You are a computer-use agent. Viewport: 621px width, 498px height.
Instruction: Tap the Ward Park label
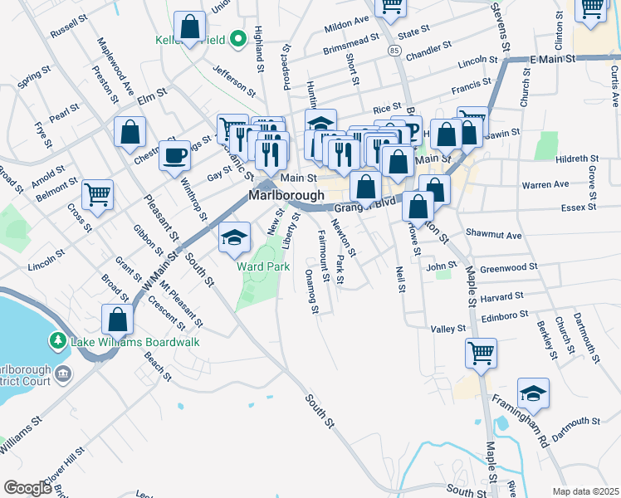[263, 266]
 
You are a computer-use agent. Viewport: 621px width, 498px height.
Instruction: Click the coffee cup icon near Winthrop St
[174, 154]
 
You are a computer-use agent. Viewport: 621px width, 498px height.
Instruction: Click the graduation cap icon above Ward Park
[235, 237]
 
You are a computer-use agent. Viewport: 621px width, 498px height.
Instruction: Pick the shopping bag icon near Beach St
[117, 319]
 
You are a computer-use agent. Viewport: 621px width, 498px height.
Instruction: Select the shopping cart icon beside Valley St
[481, 352]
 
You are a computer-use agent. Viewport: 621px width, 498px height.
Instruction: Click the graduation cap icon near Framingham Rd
[533, 393]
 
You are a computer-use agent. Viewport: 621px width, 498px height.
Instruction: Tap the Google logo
[27, 488]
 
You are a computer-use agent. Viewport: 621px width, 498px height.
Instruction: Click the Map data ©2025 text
[585, 491]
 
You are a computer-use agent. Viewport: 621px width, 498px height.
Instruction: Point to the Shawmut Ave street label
[494, 235]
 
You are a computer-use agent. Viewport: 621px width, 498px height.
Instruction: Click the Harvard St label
[501, 296]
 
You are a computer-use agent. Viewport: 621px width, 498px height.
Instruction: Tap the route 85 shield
[394, 51]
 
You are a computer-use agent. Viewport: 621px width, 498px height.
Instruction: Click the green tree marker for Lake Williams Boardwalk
[57, 341]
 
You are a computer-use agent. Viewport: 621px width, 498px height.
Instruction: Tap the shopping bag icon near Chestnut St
[130, 131]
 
